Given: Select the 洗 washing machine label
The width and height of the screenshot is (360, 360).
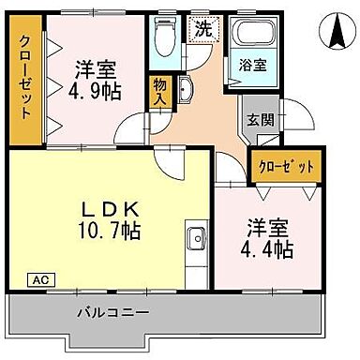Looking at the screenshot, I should tap(202, 28).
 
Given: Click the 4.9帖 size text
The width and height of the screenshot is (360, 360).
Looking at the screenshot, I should tap(95, 91).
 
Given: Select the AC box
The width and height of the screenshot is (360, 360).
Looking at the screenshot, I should tap(41, 279).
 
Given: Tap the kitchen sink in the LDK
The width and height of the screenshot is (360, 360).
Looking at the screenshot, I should tap(196, 238).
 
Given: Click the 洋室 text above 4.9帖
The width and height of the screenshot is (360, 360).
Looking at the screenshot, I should tap(94, 69).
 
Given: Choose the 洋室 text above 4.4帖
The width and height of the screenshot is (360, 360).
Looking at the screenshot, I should tap(267, 228).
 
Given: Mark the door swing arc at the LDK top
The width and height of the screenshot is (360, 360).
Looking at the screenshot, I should tap(169, 164).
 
